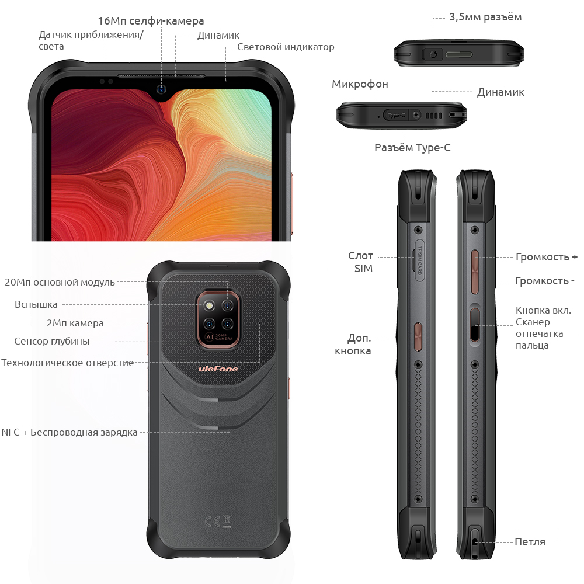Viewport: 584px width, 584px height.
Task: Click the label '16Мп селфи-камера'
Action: (151, 21)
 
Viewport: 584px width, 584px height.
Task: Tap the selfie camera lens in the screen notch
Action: (161, 89)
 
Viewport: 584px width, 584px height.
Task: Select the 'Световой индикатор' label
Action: (286, 47)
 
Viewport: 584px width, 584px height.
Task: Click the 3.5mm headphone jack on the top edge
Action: (433, 54)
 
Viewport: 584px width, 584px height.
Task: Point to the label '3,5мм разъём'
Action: (485, 17)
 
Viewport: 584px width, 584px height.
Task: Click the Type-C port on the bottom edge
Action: (396, 115)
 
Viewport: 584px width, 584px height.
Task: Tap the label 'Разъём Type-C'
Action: (412, 148)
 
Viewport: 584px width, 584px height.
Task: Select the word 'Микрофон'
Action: (360, 84)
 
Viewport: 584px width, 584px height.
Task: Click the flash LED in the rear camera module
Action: (209, 306)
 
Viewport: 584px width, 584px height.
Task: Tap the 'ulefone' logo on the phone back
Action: (218, 369)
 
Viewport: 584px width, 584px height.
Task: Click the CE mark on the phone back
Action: (213, 522)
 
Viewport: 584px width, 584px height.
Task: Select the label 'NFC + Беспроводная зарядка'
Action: (69, 432)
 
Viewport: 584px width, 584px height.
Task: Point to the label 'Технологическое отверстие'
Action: (67, 363)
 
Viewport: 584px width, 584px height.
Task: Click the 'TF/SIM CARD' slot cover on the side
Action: (419, 260)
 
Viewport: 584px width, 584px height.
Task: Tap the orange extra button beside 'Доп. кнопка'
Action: (418, 337)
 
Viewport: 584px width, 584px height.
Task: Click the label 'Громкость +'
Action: (547, 256)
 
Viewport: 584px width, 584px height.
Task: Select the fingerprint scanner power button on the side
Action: (474, 324)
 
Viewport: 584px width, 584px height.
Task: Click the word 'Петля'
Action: (530, 542)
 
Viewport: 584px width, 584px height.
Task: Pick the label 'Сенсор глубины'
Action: (52, 341)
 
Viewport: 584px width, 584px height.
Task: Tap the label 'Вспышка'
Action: (36, 305)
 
